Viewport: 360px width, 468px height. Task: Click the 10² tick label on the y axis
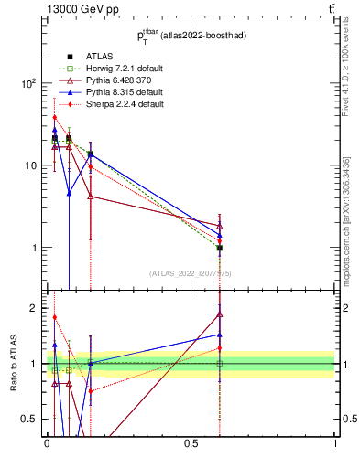coord(29,83)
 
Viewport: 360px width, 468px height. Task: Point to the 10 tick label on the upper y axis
coord(31,165)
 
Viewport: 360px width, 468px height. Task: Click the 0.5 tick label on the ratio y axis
coord(30,419)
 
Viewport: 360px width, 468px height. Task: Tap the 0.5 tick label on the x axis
coord(191,443)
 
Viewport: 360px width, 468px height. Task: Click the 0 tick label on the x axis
coord(47,443)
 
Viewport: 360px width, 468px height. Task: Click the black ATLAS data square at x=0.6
coord(220,248)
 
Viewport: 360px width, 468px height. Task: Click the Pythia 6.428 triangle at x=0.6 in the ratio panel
coord(220,314)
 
